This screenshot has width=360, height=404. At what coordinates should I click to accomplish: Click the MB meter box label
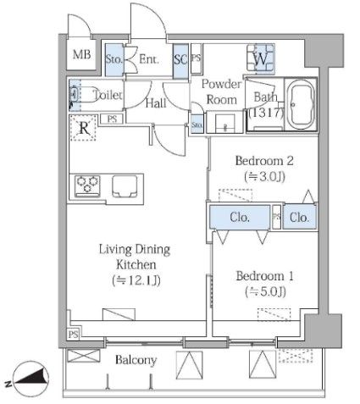(x=81, y=54)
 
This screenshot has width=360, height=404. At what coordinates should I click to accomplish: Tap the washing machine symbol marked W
(x=261, y=58)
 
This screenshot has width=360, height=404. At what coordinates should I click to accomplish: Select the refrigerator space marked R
(x=84, y=128)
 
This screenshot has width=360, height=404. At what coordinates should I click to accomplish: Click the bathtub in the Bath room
(x=302, y=105)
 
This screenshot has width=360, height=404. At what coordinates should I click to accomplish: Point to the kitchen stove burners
(x=87, y=185)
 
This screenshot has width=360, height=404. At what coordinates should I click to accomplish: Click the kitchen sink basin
(x=125, y=186)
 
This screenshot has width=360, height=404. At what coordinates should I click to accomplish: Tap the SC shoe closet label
(x=180, y=60)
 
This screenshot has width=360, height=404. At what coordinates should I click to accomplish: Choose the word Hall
(x=156, y=103)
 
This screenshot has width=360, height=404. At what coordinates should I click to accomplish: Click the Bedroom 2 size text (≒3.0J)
(x=264, y=176)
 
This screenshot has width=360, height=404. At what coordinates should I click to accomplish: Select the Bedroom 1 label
(x=264, y=275)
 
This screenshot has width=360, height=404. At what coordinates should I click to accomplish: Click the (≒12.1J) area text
(x=136, y=280)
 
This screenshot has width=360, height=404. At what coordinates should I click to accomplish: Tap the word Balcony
(x=136, y=360)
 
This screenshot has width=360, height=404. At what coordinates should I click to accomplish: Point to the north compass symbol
(x=30, y=379)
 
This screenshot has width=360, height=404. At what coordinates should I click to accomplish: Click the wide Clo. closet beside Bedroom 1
(x=240, y=217)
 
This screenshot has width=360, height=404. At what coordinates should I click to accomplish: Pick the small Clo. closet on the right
(x=299, y=217)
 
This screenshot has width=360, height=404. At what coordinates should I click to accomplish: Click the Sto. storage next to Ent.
(x=114, y=59)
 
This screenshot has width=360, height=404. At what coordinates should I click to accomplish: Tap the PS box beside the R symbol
(x=112, y=119)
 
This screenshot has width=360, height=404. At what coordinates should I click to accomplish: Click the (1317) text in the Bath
(x=266, y=113)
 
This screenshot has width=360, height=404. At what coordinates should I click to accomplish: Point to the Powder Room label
(x=222, y=91)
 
